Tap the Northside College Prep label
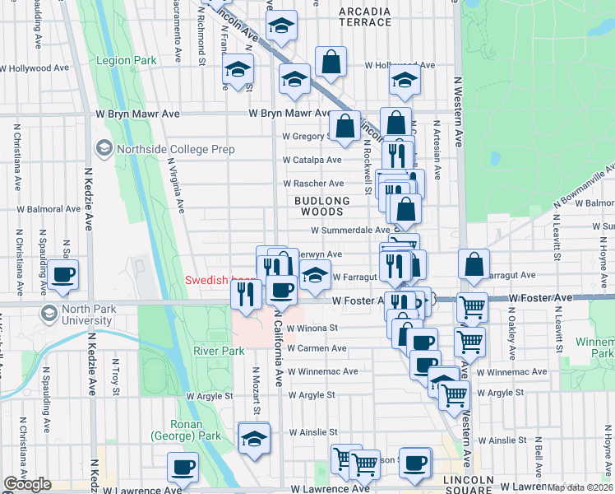tap(175, 149)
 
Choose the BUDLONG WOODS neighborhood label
tap(323, 206)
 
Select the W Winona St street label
tap(312, 328)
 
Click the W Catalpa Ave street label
tap(312, 160)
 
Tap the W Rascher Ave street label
tap(313, 183)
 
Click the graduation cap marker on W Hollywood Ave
tap(405, 80)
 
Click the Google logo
tap(27, 484)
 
